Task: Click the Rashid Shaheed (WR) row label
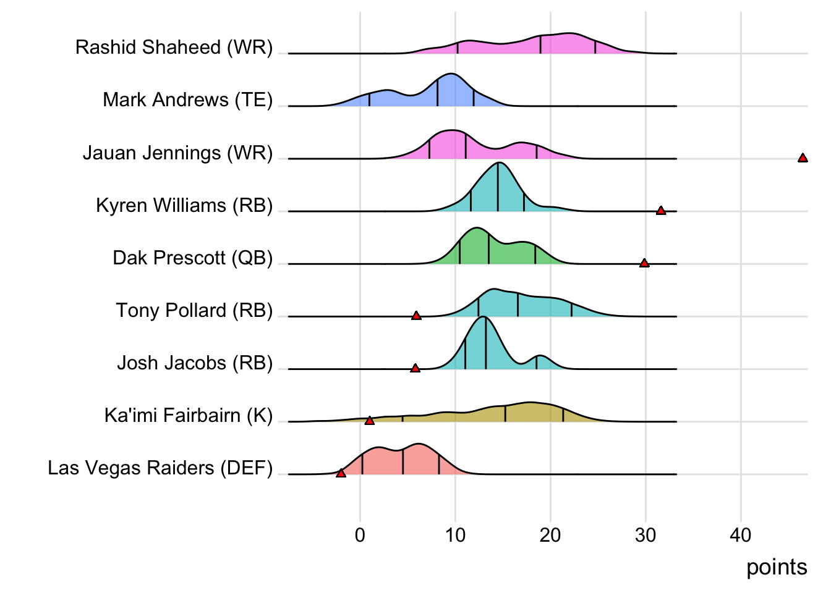[174, 48]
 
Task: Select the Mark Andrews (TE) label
[187, 100]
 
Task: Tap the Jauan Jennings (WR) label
[177, 153]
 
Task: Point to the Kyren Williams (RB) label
[184, 205]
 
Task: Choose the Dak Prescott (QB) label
[192, 258]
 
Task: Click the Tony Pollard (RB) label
[194, 310]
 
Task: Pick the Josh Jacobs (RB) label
[195, 363]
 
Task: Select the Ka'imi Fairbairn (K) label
[189, 415]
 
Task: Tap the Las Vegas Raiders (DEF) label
[160, 468]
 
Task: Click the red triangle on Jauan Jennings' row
[803, 158]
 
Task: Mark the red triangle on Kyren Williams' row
[661, 211]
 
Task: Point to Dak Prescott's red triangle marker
[644, 263]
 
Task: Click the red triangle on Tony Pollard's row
[416, 316]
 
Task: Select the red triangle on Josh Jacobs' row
[415, 368]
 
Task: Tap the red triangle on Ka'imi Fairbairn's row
[370, 421]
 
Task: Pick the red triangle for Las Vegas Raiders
[341, 473]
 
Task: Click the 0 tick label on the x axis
[360, 535]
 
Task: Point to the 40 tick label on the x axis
[741, 535]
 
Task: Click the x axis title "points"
[777, 567]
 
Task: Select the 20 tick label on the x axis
[550, 535]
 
